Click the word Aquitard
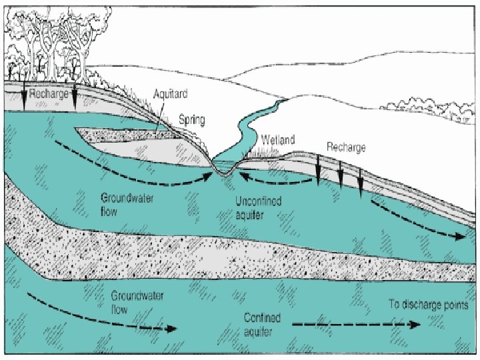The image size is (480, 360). [169, 95]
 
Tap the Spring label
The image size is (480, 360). [191, 121]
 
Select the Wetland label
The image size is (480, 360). [279, 141]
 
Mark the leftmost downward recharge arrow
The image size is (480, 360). [25, 99]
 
